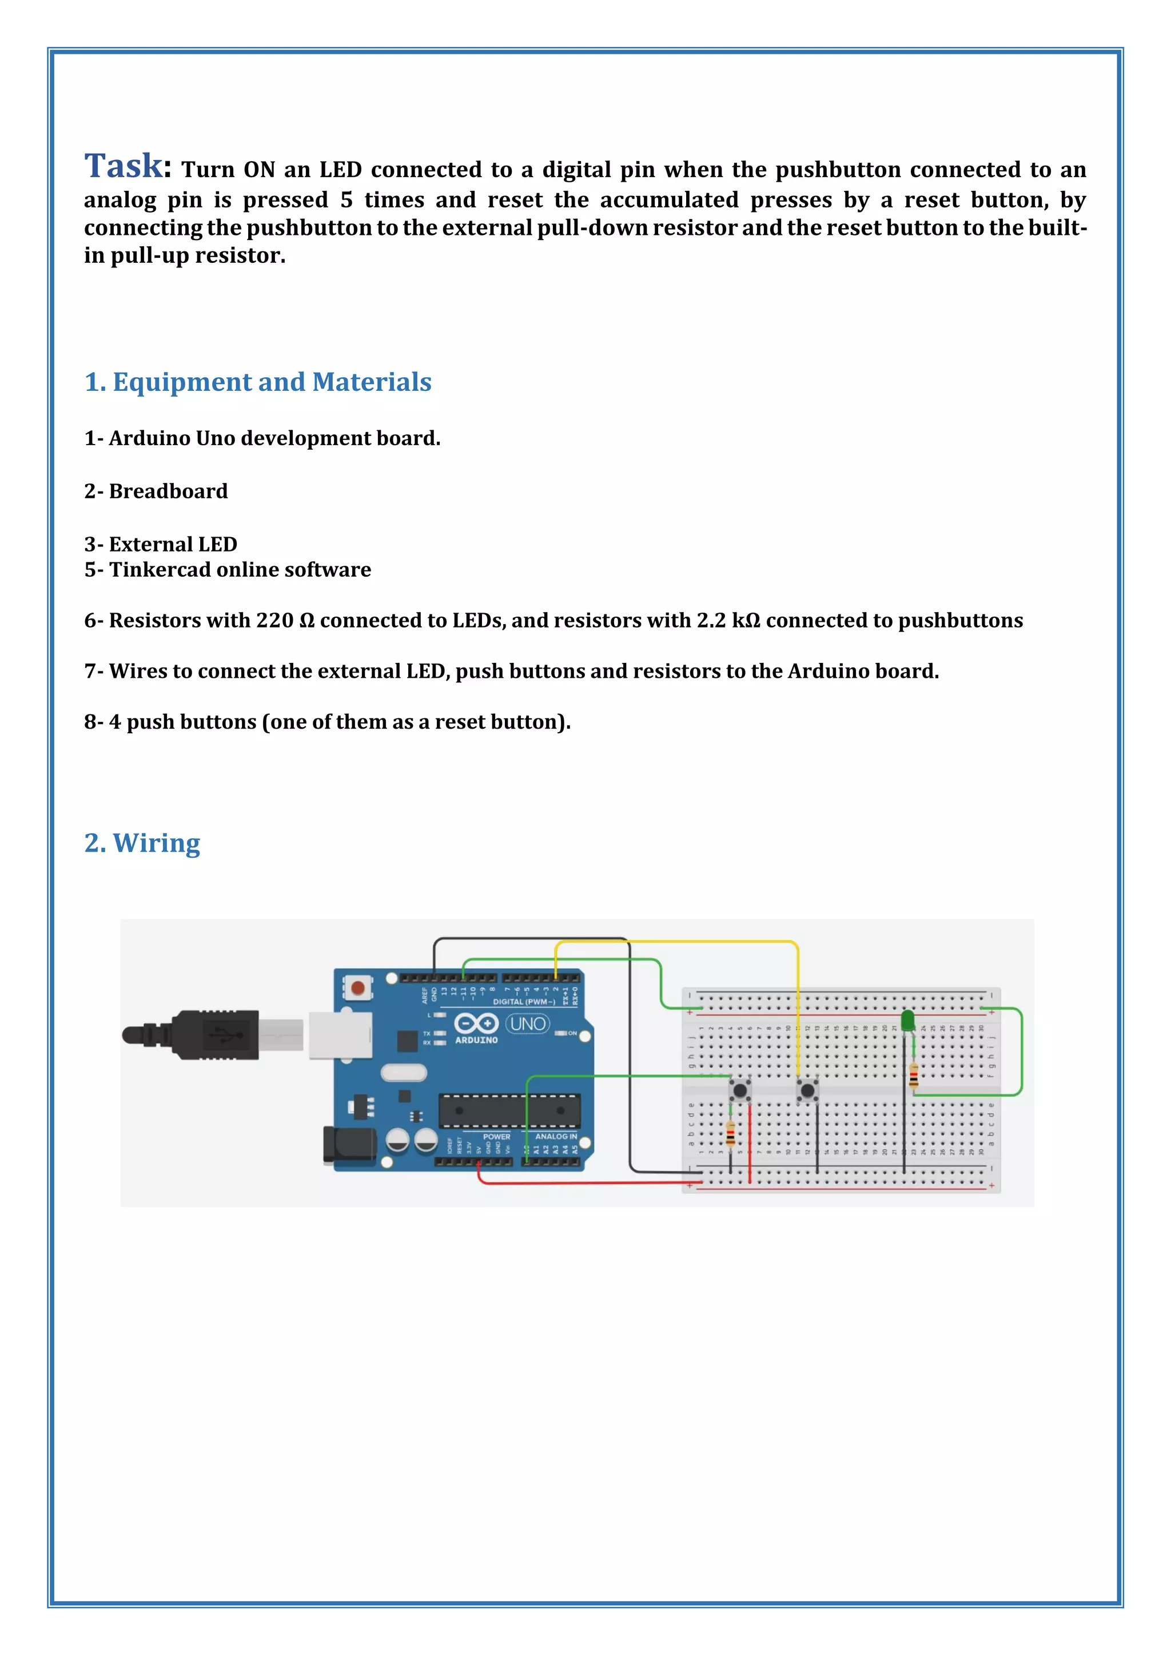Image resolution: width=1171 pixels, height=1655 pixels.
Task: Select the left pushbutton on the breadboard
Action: point(740,1090)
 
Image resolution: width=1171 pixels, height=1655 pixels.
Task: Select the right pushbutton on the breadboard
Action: point(807,1090)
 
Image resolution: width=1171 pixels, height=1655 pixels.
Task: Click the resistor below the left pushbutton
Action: point(730,1134)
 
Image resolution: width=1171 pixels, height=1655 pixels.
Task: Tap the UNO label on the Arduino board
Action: point(528,1024)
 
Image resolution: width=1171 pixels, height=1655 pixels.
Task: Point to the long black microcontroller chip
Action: point(509,1109)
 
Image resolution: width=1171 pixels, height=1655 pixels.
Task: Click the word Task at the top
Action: point(124,166)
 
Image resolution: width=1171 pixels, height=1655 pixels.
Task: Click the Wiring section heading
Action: point(142,842)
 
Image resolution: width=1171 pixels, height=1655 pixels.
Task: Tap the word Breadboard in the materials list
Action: point(168,491)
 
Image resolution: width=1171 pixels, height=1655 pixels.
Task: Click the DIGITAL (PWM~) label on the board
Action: point(524,1002)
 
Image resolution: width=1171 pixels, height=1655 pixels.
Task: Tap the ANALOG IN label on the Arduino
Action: point(556,1136)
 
